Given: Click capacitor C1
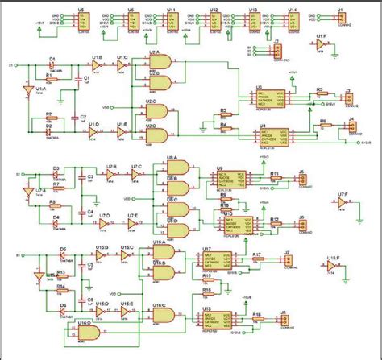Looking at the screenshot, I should [x=77, y=80].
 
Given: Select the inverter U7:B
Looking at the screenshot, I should [x=111, y=176].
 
